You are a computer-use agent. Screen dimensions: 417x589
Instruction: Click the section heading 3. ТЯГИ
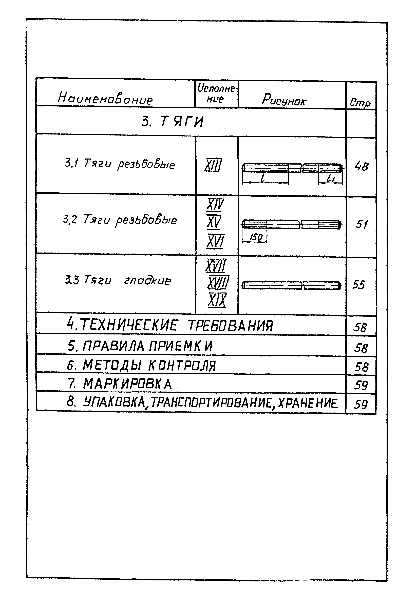click(x=172, y=122)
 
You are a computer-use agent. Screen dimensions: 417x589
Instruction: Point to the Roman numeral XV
click(x=214, y=222)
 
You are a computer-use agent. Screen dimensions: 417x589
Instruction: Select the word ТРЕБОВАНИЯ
click(x=231, y=326)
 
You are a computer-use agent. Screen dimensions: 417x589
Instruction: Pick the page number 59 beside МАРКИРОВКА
click(x=361, y=385)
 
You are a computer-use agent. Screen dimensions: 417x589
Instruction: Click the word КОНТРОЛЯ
click(x=182, y=366)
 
